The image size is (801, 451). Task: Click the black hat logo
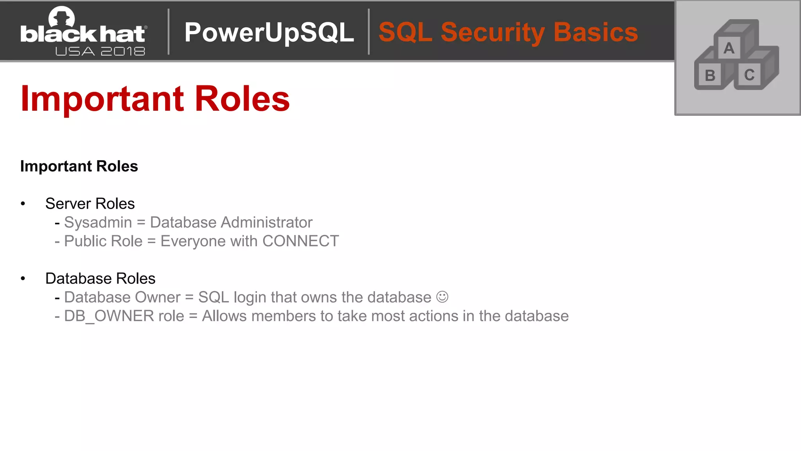click(x=83, y=31)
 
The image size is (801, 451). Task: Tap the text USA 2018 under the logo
click(x=100, y=51)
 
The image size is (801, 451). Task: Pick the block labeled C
click(x=749, y=75)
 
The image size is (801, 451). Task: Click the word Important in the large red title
click(x=102, y=99)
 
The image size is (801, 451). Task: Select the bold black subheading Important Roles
click(x=79, y=166)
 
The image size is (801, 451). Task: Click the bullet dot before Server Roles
click(x=23, y=204)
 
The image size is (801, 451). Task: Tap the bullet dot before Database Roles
click(x=23, y=278)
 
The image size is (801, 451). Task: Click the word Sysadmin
click(x=98, y=222)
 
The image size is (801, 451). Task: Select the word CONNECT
click(x=300, y=241)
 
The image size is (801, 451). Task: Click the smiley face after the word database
click(x=442, y=297)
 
